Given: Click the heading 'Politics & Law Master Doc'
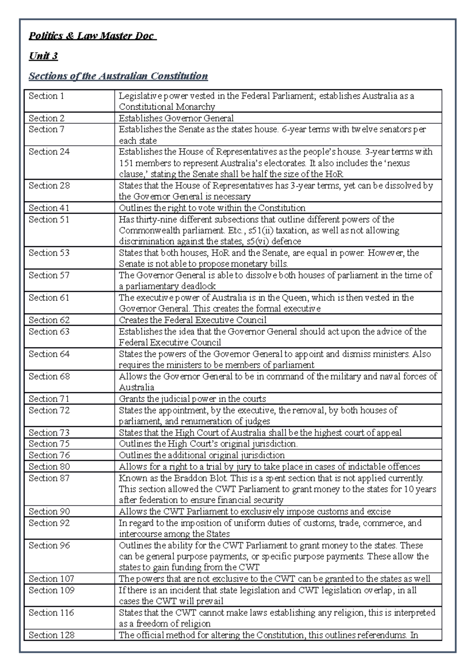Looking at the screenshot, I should coord(92,36).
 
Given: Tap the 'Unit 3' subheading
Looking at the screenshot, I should coord(43,56).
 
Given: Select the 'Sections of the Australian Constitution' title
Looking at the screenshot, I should coord(118,76).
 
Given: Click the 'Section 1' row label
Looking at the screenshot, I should coord(46,96).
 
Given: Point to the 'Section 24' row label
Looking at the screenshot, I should coord(49,152).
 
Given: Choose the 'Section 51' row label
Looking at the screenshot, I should coord(49,219).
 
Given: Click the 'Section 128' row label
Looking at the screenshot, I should coord(51,635).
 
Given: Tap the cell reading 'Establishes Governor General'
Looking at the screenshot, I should coord(176,118).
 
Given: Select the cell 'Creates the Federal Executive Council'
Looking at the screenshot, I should coord(192,320).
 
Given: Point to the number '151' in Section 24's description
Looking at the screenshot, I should coord(126,163).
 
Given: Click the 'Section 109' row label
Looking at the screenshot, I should coord(51,590).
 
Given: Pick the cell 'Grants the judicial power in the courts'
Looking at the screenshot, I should coord(192,399).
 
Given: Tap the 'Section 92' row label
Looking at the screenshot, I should coord(49,523).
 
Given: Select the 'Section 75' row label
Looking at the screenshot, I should coord(49,444).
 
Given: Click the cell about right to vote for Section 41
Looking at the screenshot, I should coord(212,208).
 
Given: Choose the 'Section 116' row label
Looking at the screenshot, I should coord(51,613).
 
